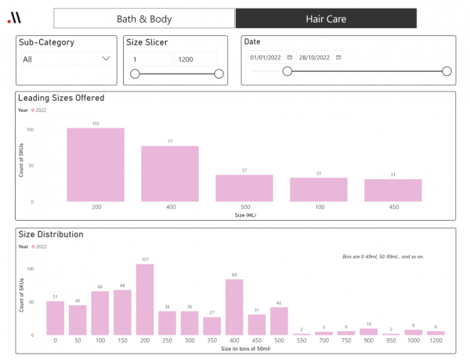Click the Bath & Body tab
click(x=144, y=19)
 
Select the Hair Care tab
click(x=326, y=19)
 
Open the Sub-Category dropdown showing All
click(x=66, y=59)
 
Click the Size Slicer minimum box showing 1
click(x=150, y=59)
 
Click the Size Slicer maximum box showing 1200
click(x=195, y=59)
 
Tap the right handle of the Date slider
click(x=446, y=71)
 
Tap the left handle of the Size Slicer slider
click(x=135, y=74)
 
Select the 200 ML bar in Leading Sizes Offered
click(x=96, y=164)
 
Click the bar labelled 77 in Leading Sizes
click(x=170, y=174)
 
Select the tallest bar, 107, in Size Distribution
click(x=144, y=300)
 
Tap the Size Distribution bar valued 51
click(x=55, y=319)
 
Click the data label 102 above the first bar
click(x=96, y=124)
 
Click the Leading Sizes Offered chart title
click(x=61, y=99)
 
